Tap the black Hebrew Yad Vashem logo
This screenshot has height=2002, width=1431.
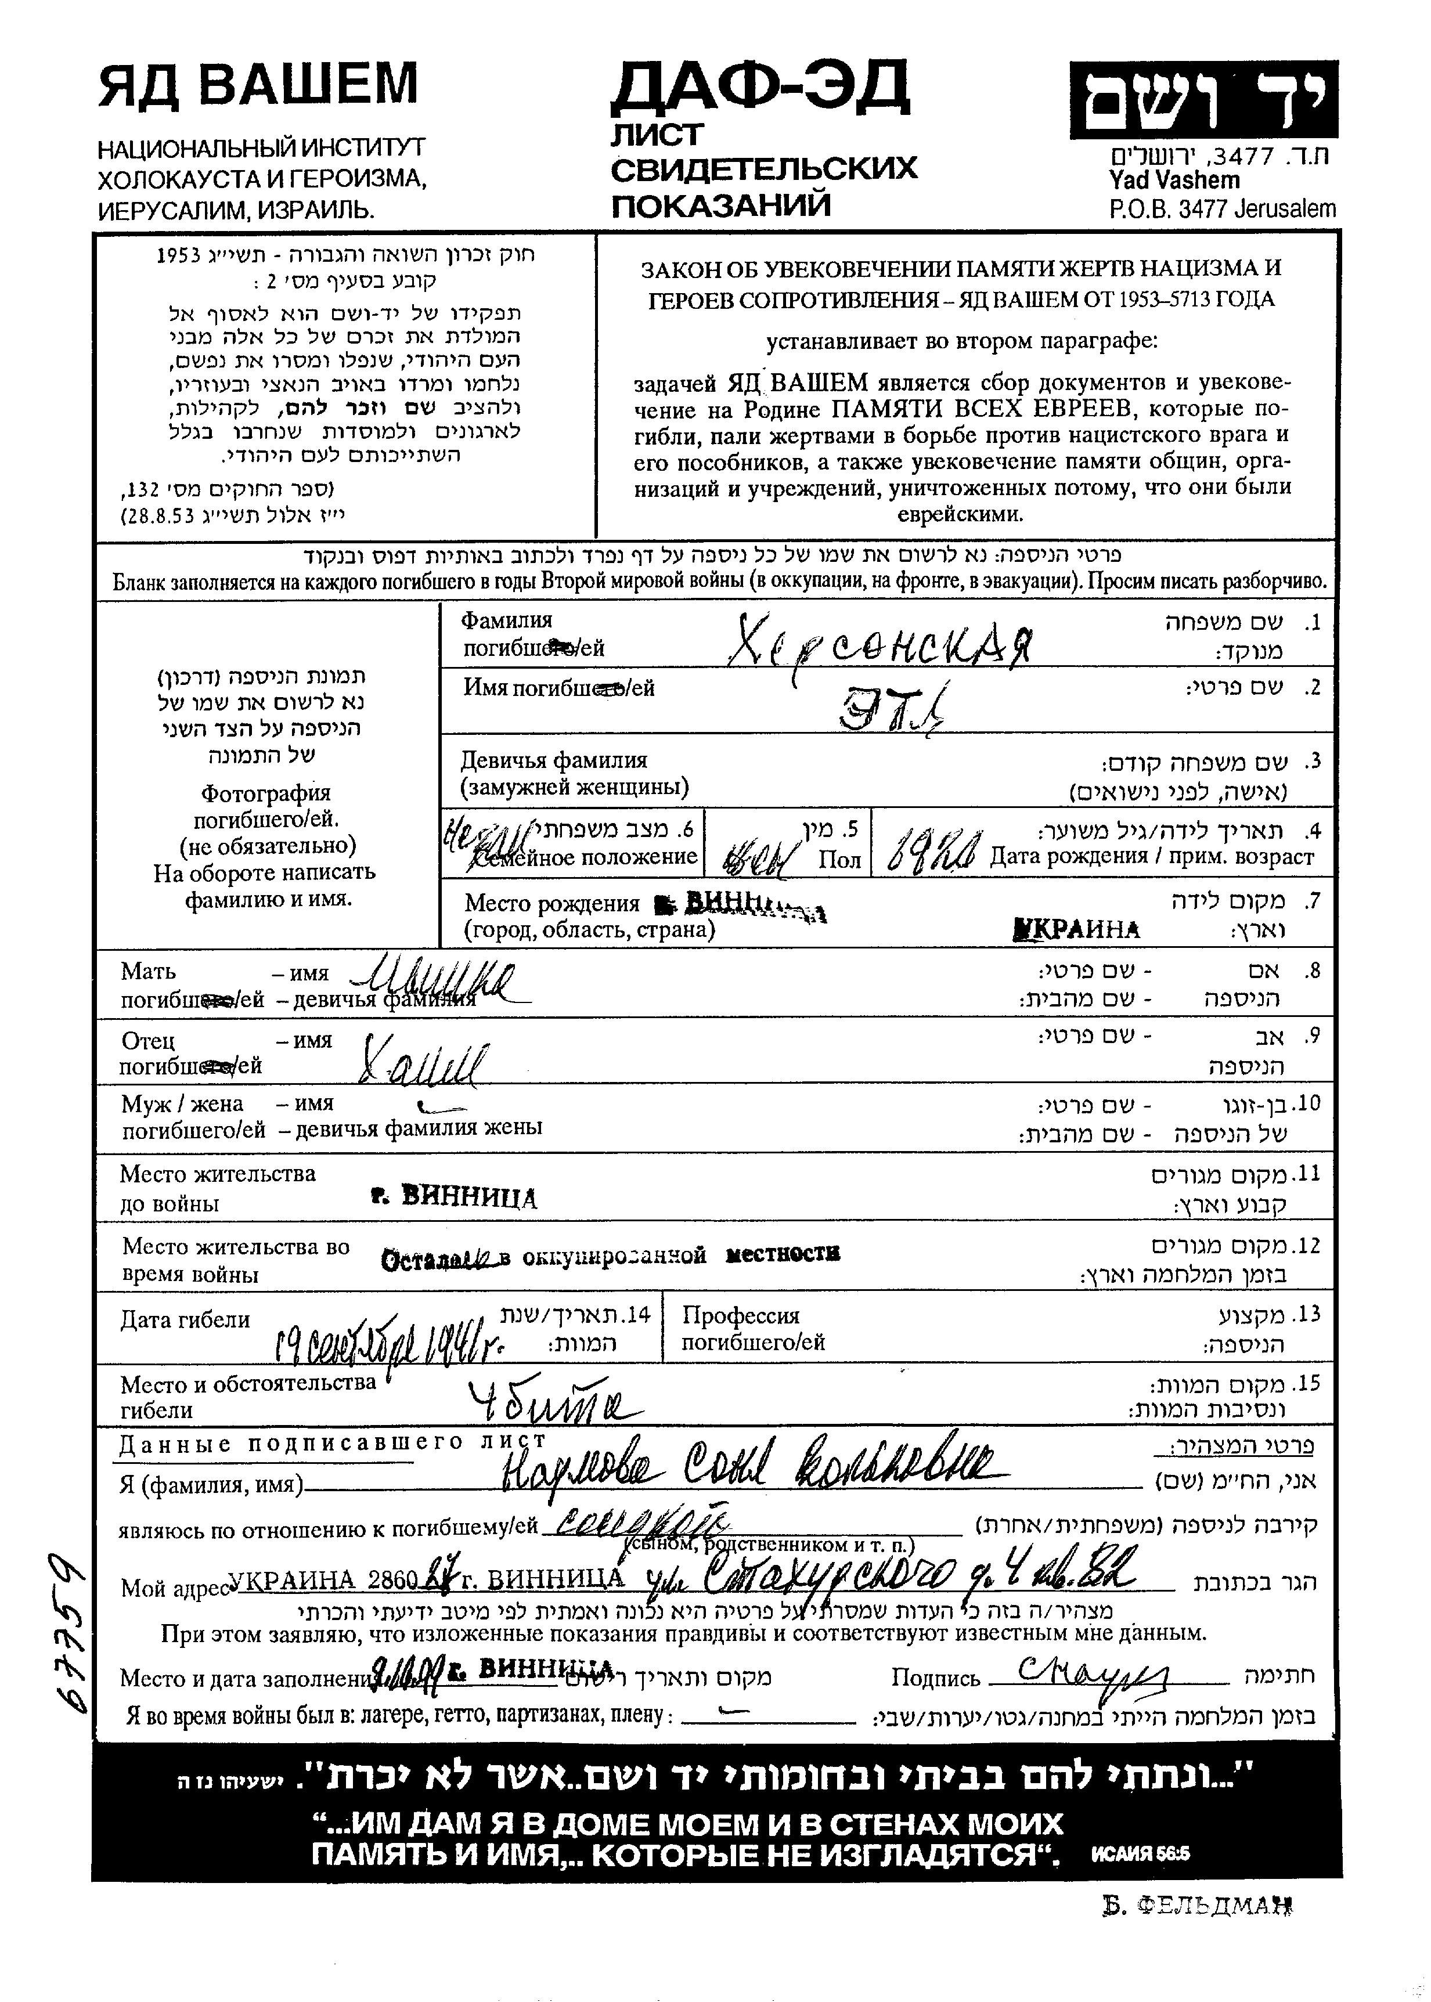tap(1203, 100)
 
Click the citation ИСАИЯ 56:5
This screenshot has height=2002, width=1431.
tap(1140, 1853)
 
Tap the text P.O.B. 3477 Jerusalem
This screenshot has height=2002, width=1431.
tap(1222, 209)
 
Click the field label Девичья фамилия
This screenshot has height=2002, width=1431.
tap(553, 760)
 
